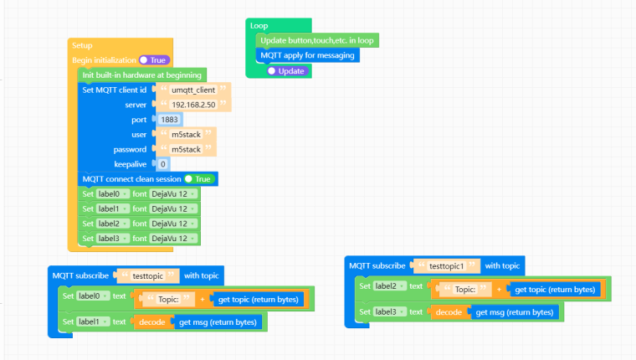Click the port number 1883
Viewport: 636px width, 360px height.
pyautogui.click(x=169, y=120)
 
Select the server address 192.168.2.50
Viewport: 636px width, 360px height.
pyautogui.click(x=193, y=105)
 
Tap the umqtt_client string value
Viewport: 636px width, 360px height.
pyautogui.click(x=193, y=90)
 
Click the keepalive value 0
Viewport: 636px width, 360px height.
pyautogui.click(x=162, y=164)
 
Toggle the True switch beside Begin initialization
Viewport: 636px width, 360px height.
pyautogui.click(x=154, y=60)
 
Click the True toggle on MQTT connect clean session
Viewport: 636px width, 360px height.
pyautogui.click(x=199, y=179)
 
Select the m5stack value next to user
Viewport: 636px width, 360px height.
pyautogui.click(x=186, y=134)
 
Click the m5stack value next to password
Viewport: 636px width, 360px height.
pyautogui.click(x=186, y=149)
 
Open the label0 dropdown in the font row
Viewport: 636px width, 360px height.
pyautogui.click(x=113, y=194)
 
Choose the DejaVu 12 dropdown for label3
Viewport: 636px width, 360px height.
pyautogui.click(x=173, y=239)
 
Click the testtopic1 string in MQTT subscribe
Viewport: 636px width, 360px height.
pyautogui.click(x=446, y=266)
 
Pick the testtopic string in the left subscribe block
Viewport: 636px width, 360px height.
pyautogui.click(x=147, y=276)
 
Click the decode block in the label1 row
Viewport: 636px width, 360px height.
pyautogui.click(x=151, y=322)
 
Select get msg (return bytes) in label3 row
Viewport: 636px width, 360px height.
pyautogui.click(x=515, y=312)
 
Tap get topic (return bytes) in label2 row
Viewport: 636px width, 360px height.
pyautogui.click(x=555, y=290)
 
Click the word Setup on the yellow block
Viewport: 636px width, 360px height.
pyautogui.click(x=82, y=45)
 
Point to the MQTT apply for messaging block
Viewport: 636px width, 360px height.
pyautogui.click(x=307, y=55)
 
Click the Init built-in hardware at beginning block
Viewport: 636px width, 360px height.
pyautogui.click(x=142, y=75)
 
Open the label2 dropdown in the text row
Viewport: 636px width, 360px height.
pyautogui.click(x=389, y=286)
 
